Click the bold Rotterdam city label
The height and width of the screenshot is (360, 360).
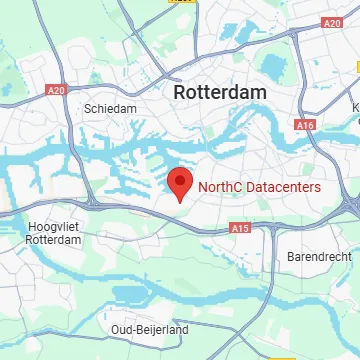(220, 92)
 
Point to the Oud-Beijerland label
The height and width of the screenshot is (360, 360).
(150, 329)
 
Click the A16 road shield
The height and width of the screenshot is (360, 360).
(305, 125)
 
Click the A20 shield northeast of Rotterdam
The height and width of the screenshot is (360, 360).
(332, 22)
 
